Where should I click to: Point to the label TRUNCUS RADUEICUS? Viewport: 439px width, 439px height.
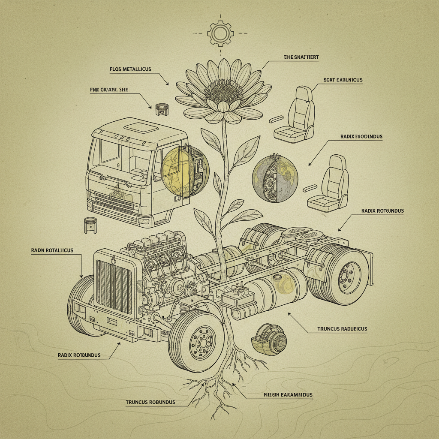pyautogui.click(x=342, y=329)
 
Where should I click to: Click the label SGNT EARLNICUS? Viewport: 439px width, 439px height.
pyautogui.click(x=343, y=80)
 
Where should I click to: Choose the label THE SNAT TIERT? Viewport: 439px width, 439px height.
pyautogui.click(x=301, y=57)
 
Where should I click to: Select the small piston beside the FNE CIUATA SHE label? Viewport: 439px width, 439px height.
pyautogui.click(x=161, y=108)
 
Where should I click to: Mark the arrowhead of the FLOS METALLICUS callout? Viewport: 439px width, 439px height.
pyautogui.click(x=168, y=84)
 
